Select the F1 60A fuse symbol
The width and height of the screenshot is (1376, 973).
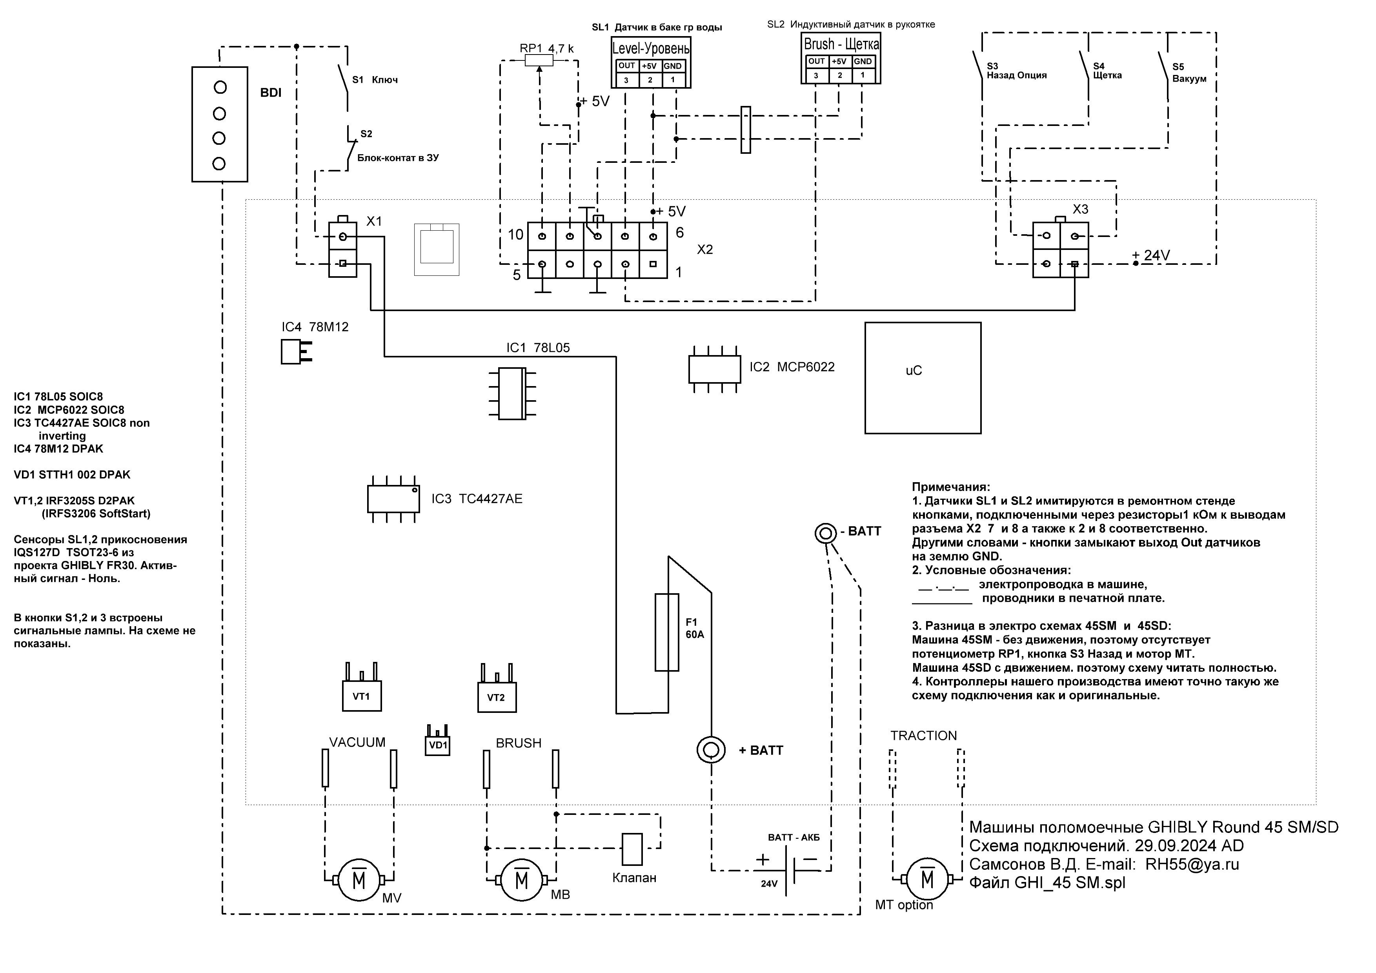(667, 632)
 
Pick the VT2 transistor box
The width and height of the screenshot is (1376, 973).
(497, 697)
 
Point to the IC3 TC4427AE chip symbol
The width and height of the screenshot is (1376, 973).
(393, 499)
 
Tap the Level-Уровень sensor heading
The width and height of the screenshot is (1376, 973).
(651, 48)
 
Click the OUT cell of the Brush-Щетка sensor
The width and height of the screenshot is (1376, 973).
(816, 61)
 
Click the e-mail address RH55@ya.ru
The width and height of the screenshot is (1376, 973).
(1192, 864)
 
